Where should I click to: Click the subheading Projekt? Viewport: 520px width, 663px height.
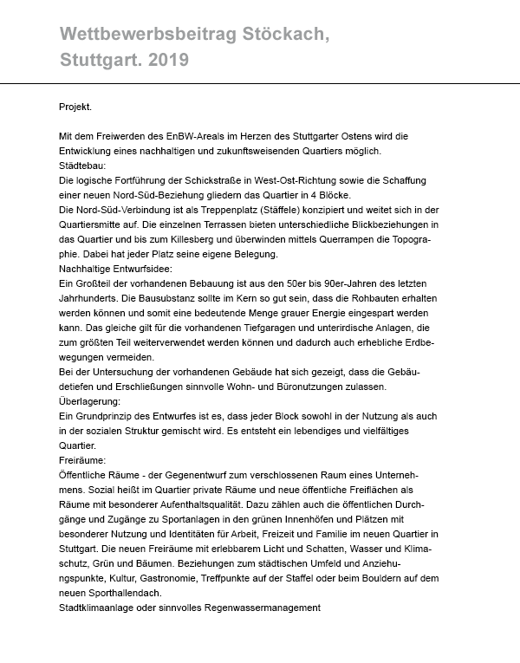pyautogui.click(x=74, y=107)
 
